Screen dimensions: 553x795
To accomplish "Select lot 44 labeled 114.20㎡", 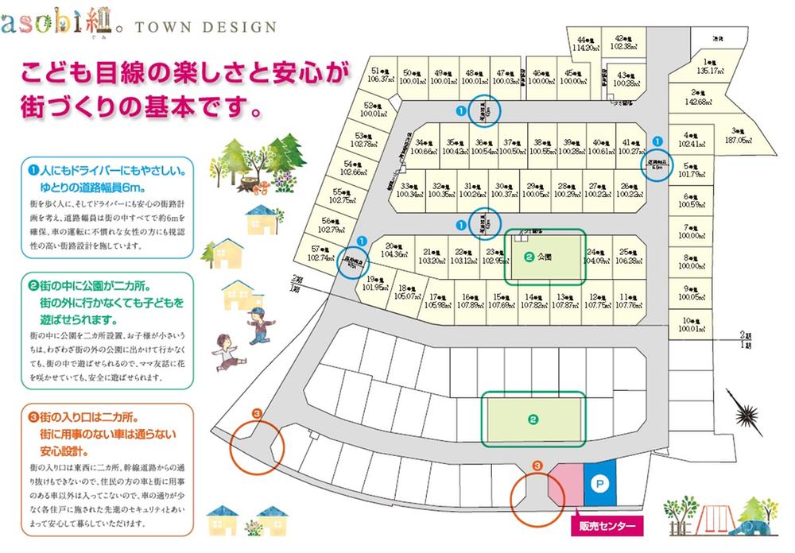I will coord(587,43).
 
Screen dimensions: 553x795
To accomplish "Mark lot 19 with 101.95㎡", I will coord(373,284).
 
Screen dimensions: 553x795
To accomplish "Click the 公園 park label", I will coord(544,257).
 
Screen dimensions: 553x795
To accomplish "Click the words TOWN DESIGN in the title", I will coord(207,27).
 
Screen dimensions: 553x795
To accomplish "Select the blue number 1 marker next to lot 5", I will coord(657,141).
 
